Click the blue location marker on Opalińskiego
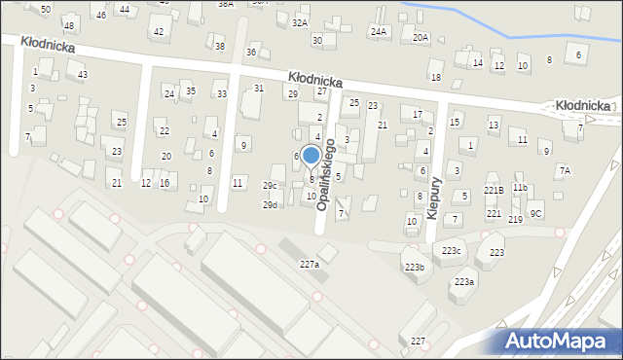click(x=311, y=156)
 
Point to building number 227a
click(x=310, y=265)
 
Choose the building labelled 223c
click(x=451, y=251)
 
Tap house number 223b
click(x=416, y=267)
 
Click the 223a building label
click(x=463, y=281)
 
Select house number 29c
click(x=270, y=186)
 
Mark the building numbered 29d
click(x=270, y=205)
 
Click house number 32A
click(x=300, y=22)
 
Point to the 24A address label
click(x=378, y=32)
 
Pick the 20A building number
click(x=421, y=37)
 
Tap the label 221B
click(x=495, y=191)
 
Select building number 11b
click(x=521, y=188)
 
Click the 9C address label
click(x=535, y=213)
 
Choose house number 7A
click(x=565, y=170)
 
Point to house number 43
click(x=83, y=75)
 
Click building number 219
click(x=515, y=220)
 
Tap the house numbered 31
click(x=259, y=89)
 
